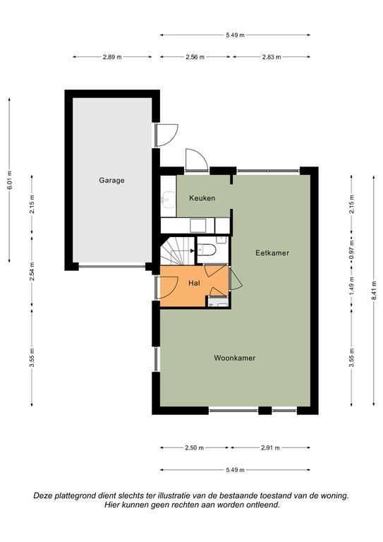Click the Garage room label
[x=111, y=181]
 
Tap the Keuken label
[x=202, y=198]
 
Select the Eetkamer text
[x=272, y=253]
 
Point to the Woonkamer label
[x=235, y=358]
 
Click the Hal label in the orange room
[x=194, y=283]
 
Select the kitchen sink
[x=168, y=200]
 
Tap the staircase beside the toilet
[x=178, y=251]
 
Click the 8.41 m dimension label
[x=374, y=291]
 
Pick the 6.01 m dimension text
[x=9, y=180]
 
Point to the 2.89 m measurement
[x=112, y=57]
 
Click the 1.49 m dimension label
[x=351, y=286]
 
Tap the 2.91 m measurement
[x=270, y=448]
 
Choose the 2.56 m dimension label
[x=195, y=57]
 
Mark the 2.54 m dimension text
[x=32, y=271]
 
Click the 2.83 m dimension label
[x=272, y=57]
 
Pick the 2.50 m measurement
[x=194, y=448]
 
